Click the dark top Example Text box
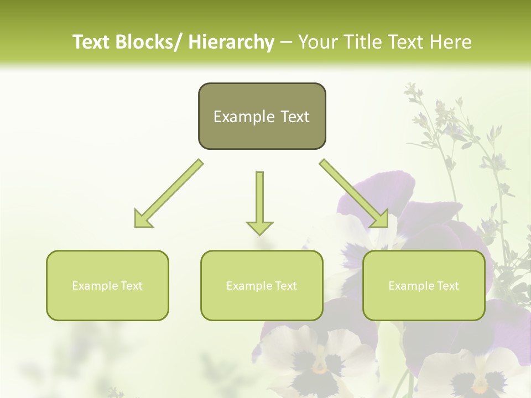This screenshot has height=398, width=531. tap(262, 116)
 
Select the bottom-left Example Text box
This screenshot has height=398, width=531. tap(107, 285)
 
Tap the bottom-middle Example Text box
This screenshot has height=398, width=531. tap(262, 285)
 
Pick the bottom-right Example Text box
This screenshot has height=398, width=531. tap(424, 285)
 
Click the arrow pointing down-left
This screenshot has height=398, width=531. tap(169, 193)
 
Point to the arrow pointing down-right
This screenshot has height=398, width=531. tap(354, 193)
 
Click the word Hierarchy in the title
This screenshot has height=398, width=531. tap(231, 42)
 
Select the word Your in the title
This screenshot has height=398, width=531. tap(317, 42)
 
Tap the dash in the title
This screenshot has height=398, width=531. tap(286, 42)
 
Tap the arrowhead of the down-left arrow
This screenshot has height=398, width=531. tap(143, 219)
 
